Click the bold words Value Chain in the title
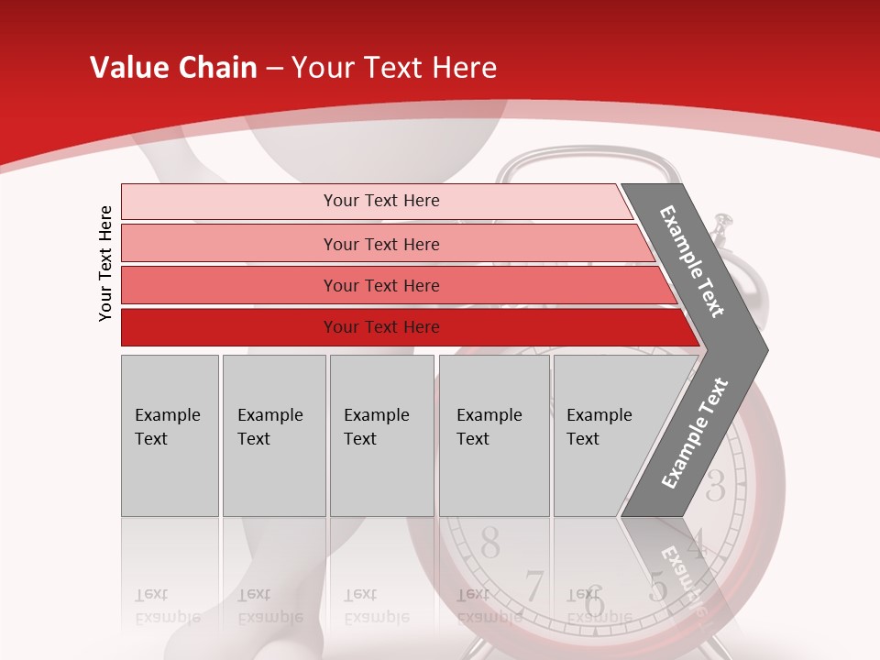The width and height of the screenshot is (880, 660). (x=173, y=68)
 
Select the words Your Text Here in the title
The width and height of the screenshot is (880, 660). (x=394, y=68)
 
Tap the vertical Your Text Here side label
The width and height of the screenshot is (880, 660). (x=105, y=263)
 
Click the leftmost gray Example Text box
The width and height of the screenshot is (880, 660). (x=170, y=435)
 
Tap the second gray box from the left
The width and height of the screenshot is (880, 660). (x=273, y=435)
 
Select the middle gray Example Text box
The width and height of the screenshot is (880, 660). (x=381, y=435)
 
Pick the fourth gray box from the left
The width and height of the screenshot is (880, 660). (x=493, y=435)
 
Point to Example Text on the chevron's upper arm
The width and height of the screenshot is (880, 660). (x=692, y=261)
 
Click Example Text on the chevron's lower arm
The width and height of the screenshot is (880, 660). (x=695, y=434)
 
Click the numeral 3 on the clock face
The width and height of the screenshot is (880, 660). (x=715, y=485)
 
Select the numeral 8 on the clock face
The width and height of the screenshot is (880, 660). (x=490, y=544)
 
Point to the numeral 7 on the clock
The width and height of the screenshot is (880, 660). (x=533, y=587)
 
